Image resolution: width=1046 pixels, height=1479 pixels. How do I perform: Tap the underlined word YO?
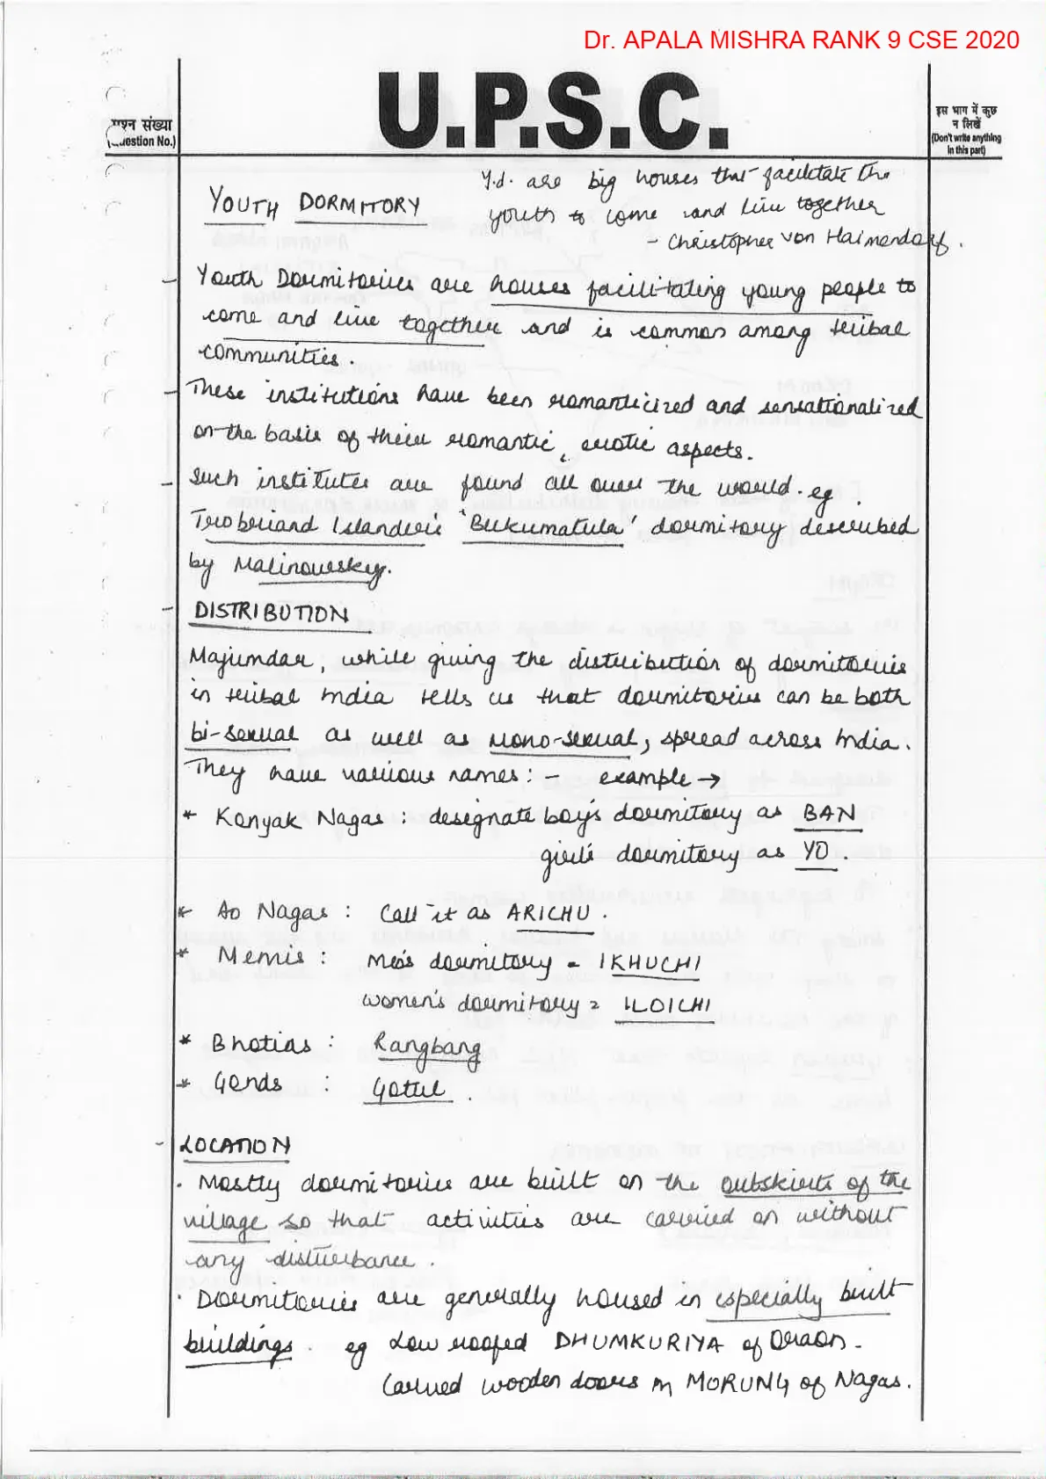coord(816,852)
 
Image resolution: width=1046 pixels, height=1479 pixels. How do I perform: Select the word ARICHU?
coord(548,913)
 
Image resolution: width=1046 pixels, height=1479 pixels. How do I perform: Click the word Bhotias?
coord(261,1043)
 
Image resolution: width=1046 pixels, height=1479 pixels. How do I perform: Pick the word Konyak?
coord(258,819)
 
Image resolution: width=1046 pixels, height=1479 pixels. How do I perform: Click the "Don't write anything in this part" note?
coord(966,130)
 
